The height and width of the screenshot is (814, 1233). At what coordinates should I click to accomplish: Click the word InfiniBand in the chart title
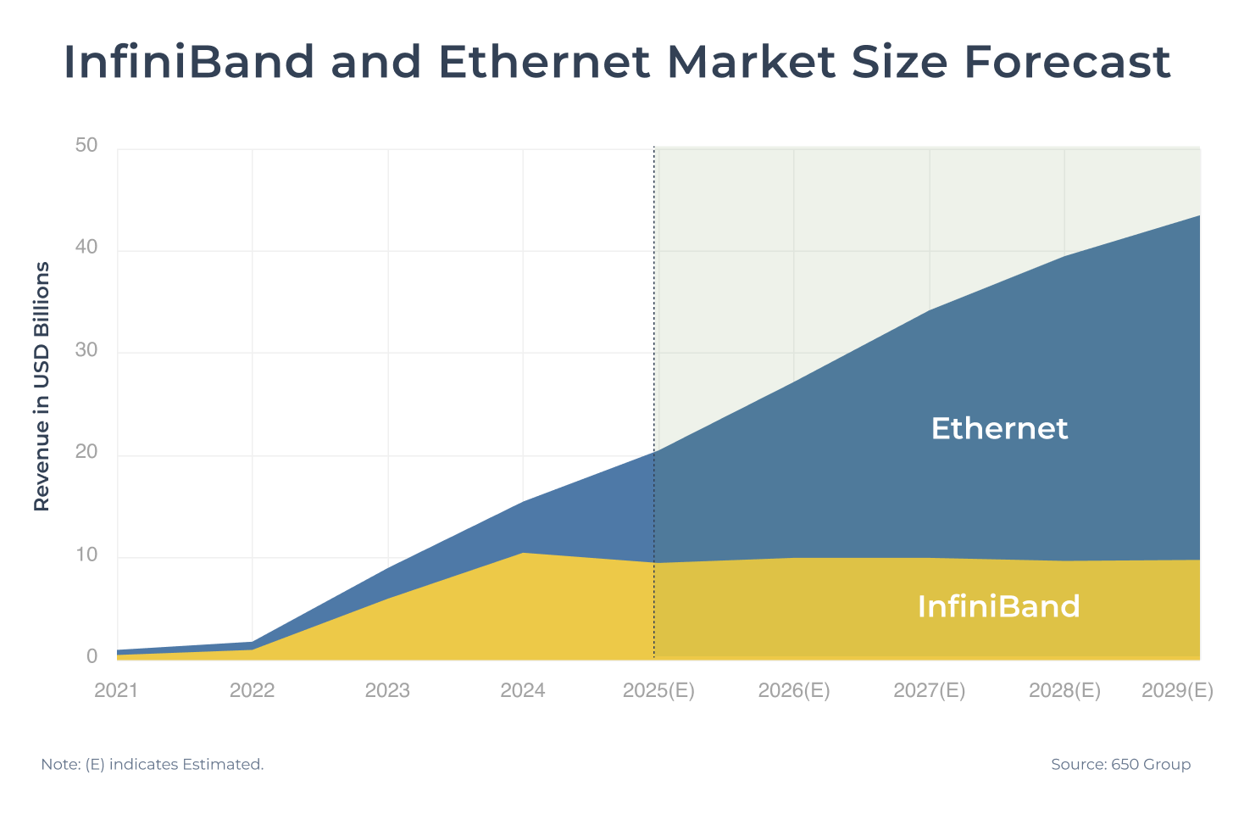click(x=188, y=62)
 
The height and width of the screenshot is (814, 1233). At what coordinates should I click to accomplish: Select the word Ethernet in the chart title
click(x=543, y=62)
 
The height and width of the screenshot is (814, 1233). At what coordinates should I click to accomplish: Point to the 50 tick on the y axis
click(x=86, y=146)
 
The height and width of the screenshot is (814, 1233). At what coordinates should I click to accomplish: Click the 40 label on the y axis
click(x=86, y=248)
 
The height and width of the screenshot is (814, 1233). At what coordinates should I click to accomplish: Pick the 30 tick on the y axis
click(x=86, y=350)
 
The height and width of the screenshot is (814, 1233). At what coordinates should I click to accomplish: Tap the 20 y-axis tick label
click(x=86, y=453)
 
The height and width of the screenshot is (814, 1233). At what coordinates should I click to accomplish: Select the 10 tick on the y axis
click(x=86, y=555)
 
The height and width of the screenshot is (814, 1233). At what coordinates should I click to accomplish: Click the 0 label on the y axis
click(x=92, y=657)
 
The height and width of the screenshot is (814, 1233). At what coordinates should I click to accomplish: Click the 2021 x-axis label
click(x=116, y=691)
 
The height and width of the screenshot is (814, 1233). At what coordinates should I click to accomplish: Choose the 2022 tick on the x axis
click(x=252, y=691)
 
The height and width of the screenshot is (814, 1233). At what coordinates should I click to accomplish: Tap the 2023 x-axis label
click(x=387, y=691)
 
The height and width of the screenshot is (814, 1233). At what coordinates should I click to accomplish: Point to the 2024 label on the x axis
click(x=523, y=691)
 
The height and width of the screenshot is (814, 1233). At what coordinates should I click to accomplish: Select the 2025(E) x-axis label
click(x=658, y=691)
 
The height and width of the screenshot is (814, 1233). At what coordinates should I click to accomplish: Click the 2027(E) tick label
click(x=930, y=691)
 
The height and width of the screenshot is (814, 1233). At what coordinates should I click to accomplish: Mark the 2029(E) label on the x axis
click(x=1177, y=691)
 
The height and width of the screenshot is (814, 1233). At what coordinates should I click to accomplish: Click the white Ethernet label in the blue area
click(x=999, y=429)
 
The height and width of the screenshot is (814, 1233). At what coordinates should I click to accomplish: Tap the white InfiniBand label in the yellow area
click(x=998, y=607)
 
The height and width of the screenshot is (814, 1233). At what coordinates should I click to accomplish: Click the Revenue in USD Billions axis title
click(x=42, y=387)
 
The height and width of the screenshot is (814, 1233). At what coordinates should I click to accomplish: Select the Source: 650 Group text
click(x=1120, y=765)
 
